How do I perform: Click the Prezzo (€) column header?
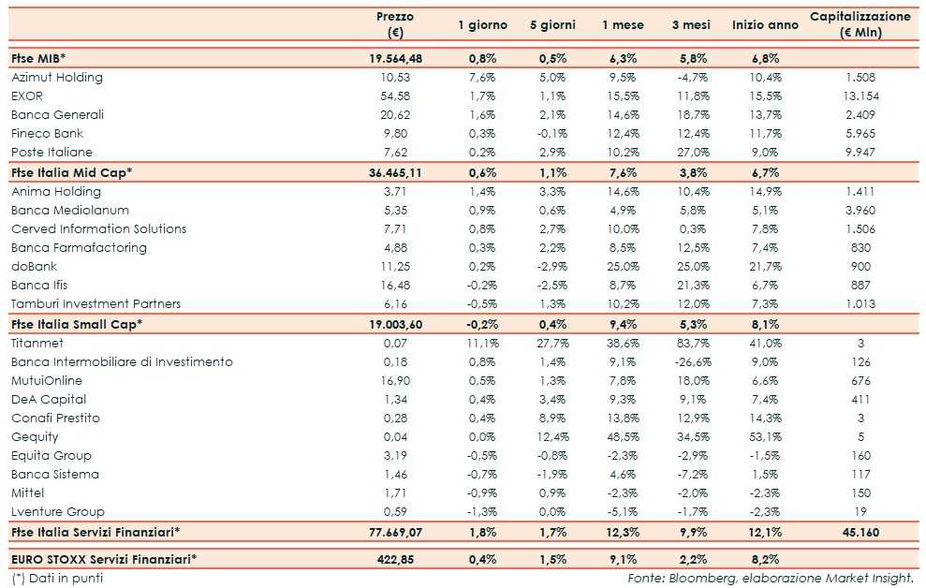pyautogui.click(x=394, y=24)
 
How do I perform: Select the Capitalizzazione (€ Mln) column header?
pyautogui.click(x=860, y=24)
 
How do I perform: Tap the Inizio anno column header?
pyautogui.click(x=765, y=25)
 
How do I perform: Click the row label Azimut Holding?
pyautogui.click(x=57, y=78)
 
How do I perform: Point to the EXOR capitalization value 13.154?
pyautogui.click(x=860, y=96)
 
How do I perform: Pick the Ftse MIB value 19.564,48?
pyautogui.click(x=396, y=58)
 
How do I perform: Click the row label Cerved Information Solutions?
pyautogui.click(x=98, y=229)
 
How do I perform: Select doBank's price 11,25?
pyautogui.click(x=395, y=267)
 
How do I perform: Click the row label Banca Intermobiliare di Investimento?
pyautogui.click(x=122, y=362)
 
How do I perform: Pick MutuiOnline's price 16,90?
pyautogui.click(x=395, y=381)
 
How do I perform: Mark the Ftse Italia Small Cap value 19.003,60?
pyautogui.click(x=396, y=324)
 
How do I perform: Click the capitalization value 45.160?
pyautogui.click(x=860, y=532)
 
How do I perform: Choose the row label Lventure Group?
pyautogui.click(x=58, y=512)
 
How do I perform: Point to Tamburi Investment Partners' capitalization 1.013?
pyautogui.click(x=860, y=304)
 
